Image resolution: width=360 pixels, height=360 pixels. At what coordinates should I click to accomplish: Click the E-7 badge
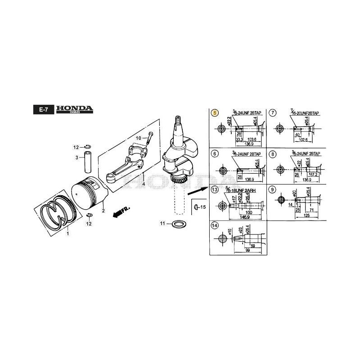pos(44,109)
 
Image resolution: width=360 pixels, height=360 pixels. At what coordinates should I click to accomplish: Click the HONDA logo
pos(75,109)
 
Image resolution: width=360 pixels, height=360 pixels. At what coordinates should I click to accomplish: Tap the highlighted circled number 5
pos(215,113)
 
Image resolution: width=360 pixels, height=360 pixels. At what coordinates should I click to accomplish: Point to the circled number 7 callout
pos(273,113)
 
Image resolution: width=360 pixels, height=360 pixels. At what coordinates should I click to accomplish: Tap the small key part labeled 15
pos(197,207)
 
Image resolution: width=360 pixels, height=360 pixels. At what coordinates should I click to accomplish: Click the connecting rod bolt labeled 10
pos(150,135)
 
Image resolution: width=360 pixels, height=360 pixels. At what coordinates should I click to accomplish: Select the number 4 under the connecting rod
pos(143,184)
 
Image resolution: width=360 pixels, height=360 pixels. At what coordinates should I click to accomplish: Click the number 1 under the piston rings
pos(68,234)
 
